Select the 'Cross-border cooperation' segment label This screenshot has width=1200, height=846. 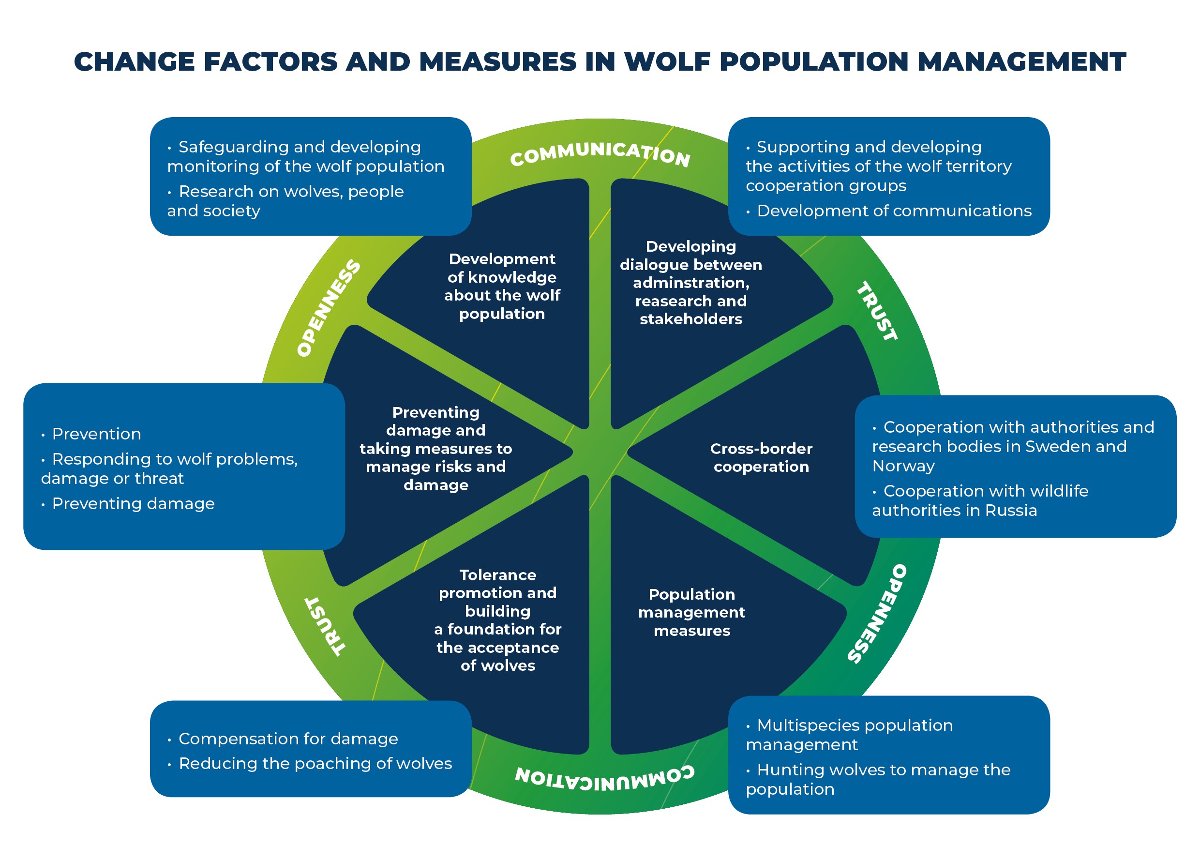(x=761, y=457)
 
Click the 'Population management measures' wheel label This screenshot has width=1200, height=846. (x=691, y=612)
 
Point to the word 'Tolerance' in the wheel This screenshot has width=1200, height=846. (x=497, y=575)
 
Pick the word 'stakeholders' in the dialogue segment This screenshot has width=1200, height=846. (x=690, y=319)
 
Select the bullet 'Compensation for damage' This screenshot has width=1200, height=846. (x=288, y=739)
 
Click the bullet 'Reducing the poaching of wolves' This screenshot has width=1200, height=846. (x=315, y=763)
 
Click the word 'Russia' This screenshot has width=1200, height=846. (x=1011, y=510)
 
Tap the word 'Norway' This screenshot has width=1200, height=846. (x=903, y=466)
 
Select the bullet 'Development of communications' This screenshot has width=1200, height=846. (x=894, y=211)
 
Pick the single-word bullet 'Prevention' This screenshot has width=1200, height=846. (x=97, y=434)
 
